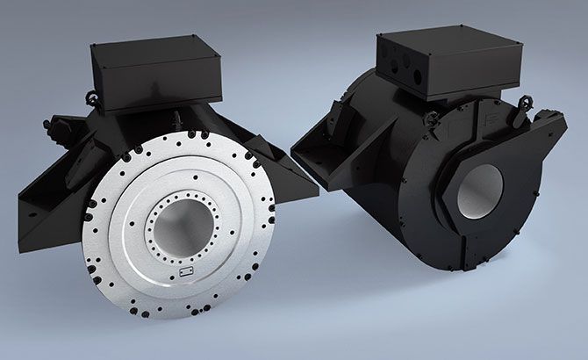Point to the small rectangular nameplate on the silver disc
pos(186,276)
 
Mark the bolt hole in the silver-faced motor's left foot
pos(33,210)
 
